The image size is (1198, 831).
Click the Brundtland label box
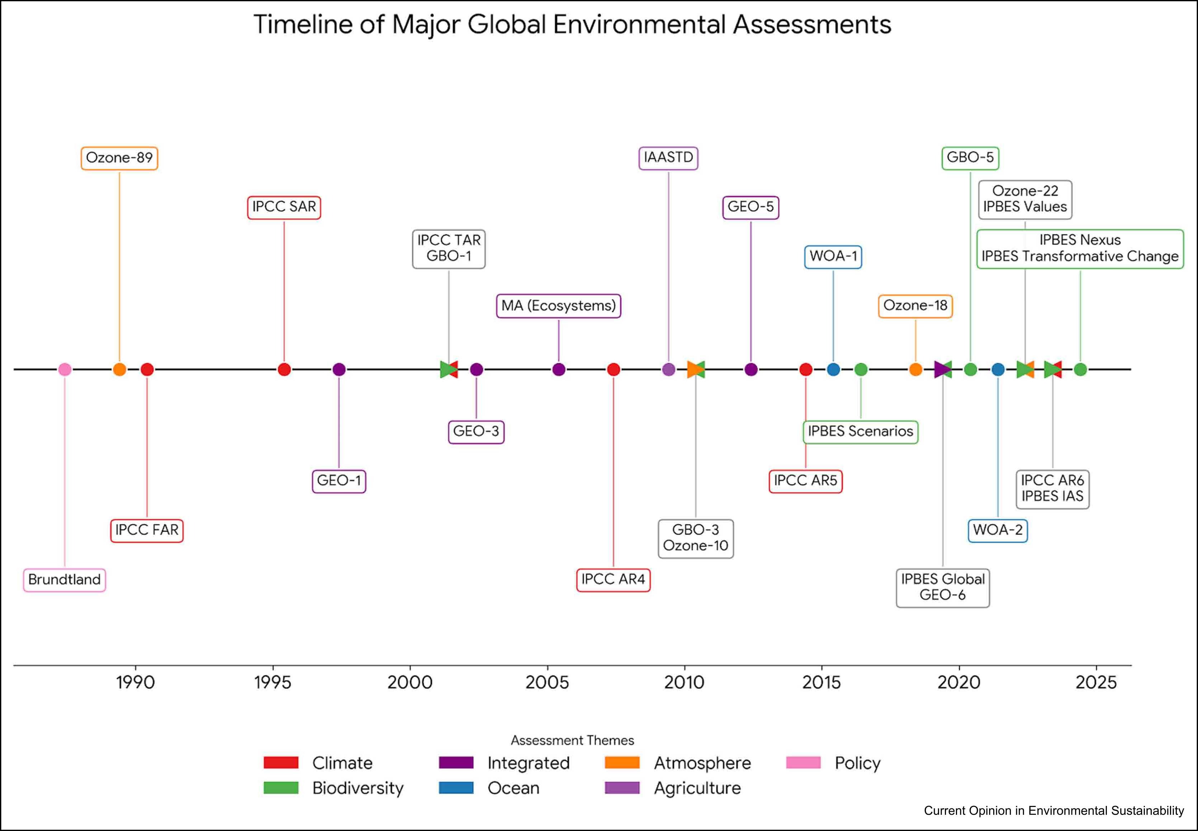coord(65,579)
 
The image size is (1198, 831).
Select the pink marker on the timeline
coord(65,369)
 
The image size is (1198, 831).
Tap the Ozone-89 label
coord(119,158)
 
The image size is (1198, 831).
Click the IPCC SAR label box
coord(284,207)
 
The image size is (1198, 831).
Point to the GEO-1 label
coord(339,480)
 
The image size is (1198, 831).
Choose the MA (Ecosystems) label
coord(558,306)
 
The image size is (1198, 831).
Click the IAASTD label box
coord(668,157)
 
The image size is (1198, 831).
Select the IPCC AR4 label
coord(613,579)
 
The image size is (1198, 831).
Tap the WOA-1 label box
coord(833,256)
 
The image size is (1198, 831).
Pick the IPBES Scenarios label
coord(860,432)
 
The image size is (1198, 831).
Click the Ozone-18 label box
coord(915,306)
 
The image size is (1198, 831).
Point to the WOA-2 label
coord(998,530)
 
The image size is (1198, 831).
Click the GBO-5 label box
coord(970,157)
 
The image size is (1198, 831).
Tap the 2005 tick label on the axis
coord(547,682)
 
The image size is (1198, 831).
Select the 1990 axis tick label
coord(136,682)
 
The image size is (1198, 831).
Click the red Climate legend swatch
coord(281,763)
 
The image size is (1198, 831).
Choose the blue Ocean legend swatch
coord(456,788)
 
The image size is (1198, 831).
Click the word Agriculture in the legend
coord(697,788)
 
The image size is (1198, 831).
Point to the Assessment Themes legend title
coord(572,740)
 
